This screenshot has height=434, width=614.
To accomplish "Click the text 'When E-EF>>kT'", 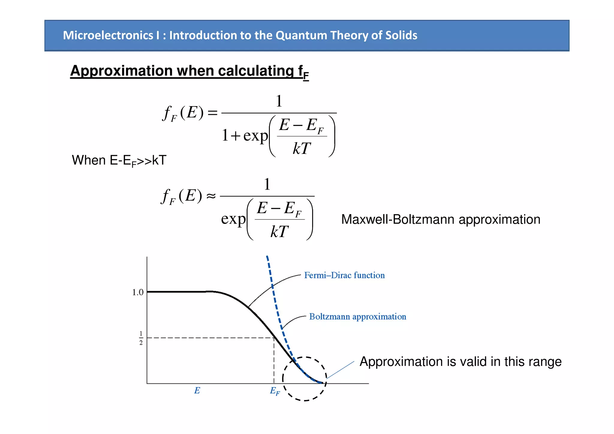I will click(119, 160).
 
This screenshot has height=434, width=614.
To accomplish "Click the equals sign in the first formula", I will click(212, 113).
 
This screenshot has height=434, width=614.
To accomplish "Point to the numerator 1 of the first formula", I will click(279, 101).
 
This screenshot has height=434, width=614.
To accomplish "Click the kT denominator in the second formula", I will click(279, 232).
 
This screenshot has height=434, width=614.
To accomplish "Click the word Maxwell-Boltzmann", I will click(398, 220).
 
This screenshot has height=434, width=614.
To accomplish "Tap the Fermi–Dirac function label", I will click(344, 275).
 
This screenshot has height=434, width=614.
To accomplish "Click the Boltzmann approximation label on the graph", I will click(357, 317).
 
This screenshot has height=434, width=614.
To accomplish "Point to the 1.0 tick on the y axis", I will click(138, 292).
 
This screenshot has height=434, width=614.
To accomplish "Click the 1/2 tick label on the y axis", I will click(141, 338).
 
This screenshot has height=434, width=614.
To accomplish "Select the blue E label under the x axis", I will click(197, 391).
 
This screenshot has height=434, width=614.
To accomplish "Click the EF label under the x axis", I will click(275, 391).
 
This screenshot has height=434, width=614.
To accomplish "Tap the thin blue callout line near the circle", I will click(341, 370).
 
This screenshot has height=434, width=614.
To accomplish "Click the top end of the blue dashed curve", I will click(267, 257).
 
